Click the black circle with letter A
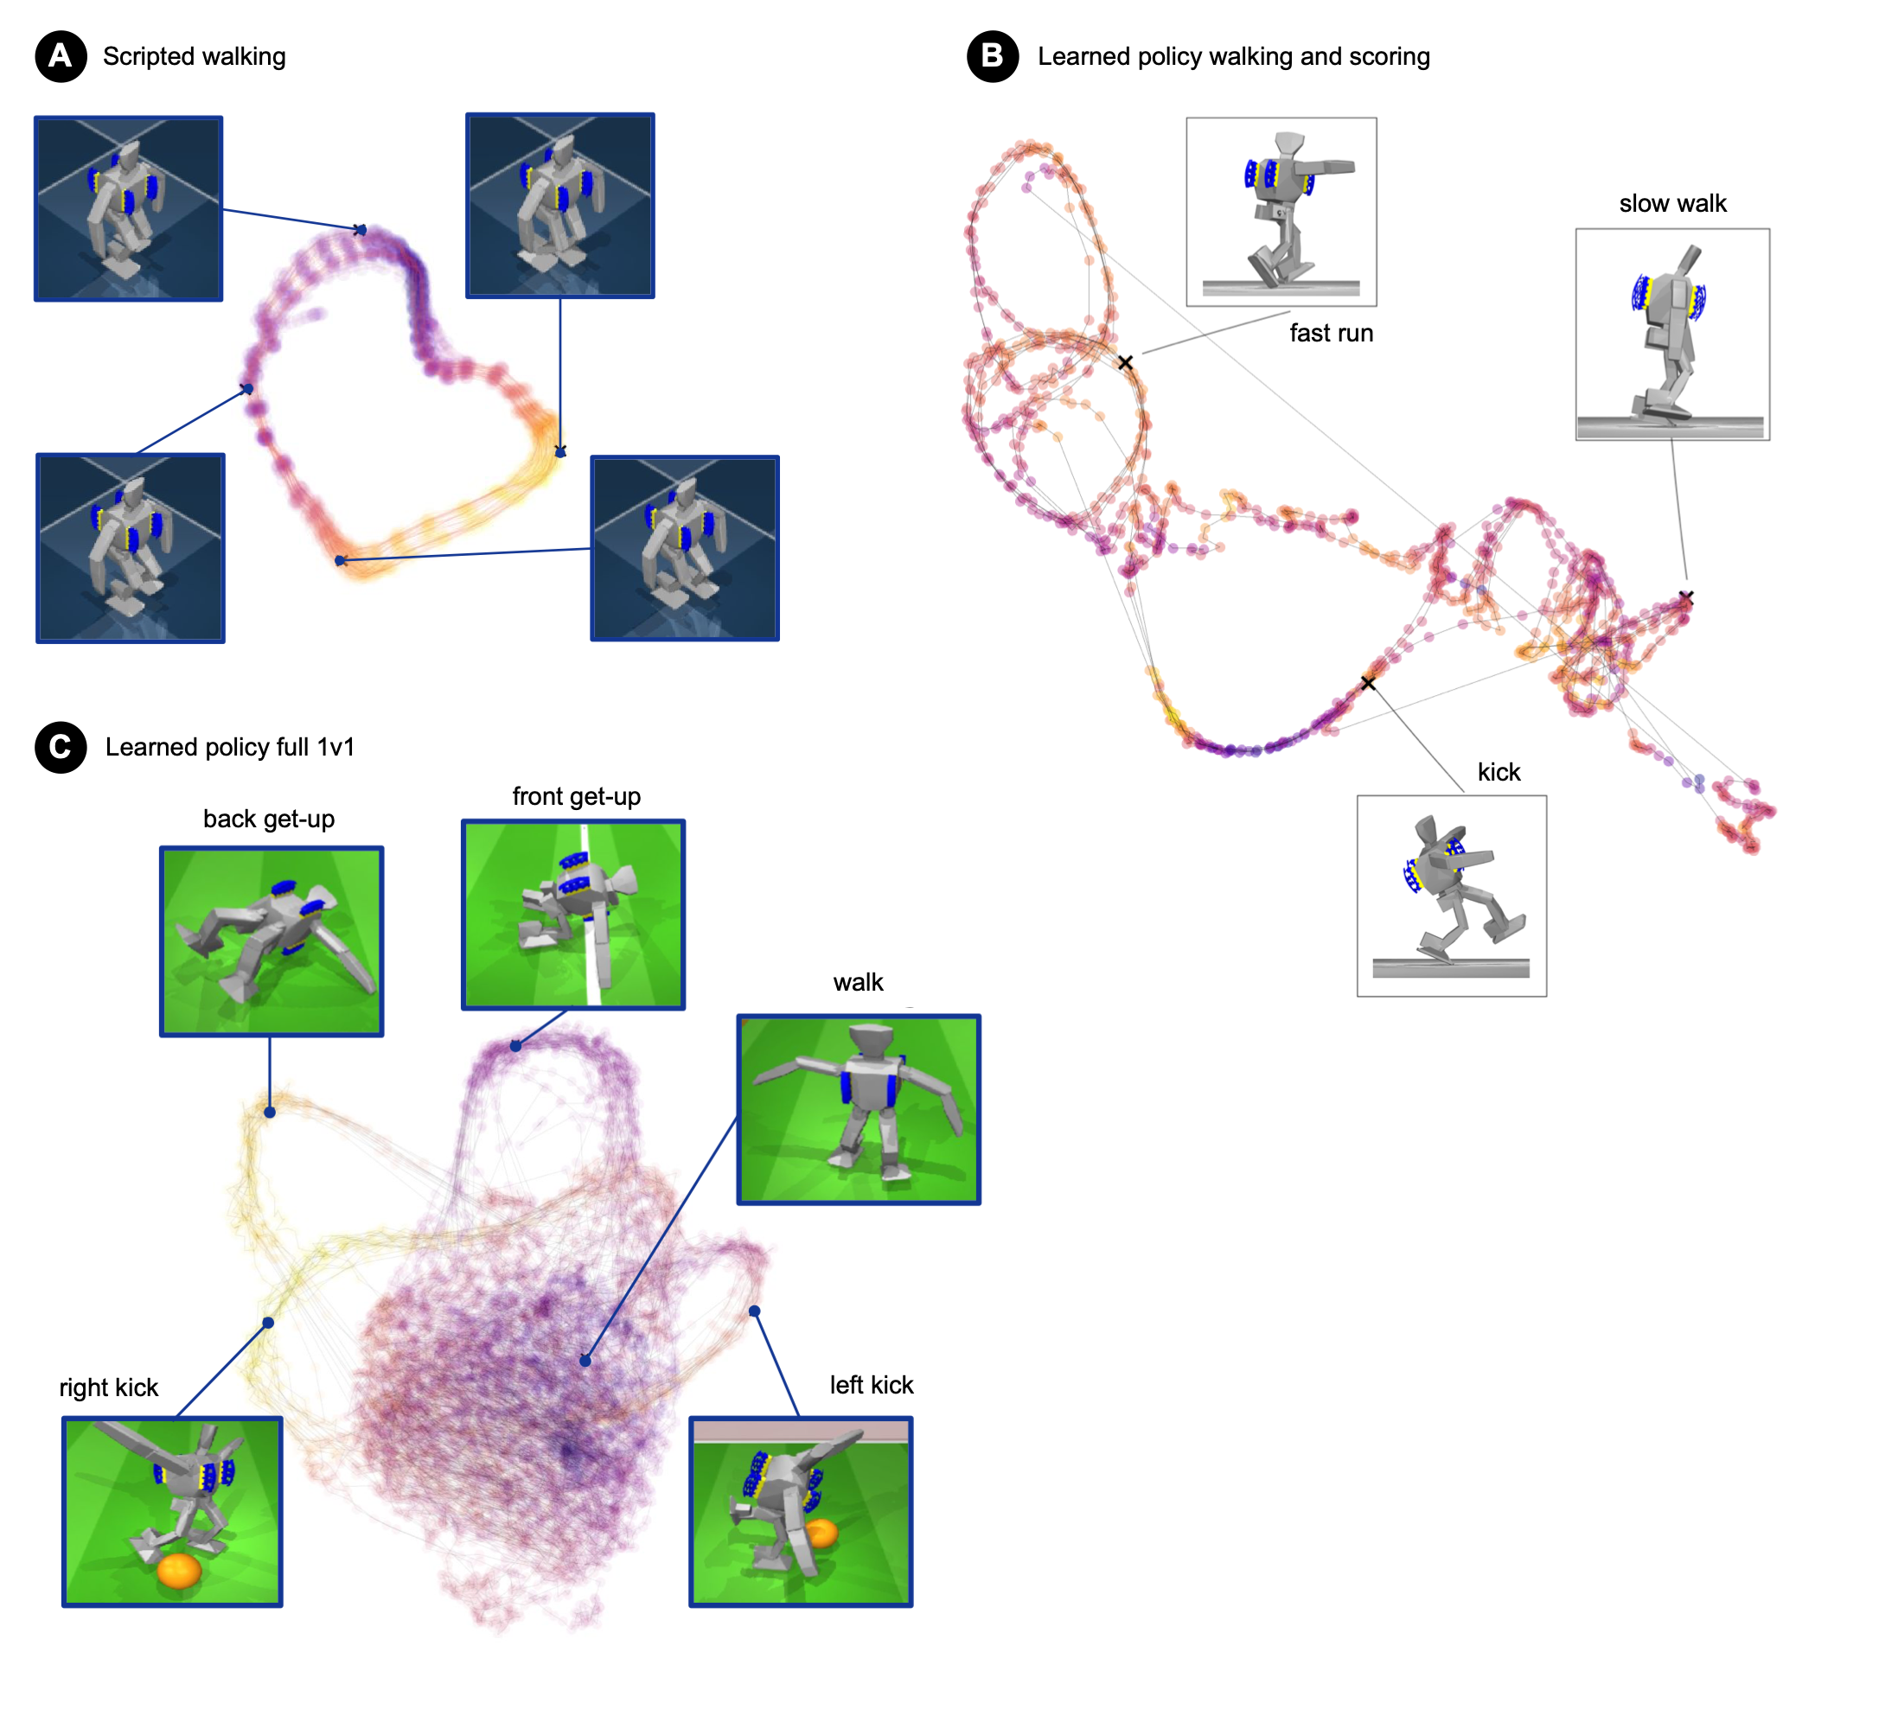coord(61,56)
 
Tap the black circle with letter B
coord(993,56)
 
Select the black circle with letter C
coord(61,747)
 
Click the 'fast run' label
coord(1331,334)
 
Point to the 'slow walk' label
coord(1672,204)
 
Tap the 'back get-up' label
coord(269,819)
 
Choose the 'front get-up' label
coord(577,796)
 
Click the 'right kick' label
coord(109,1387)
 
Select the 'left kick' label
coord(872,1385)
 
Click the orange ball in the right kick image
coord(178,1570)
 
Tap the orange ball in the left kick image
coord(821,1534)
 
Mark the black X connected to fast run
coord(1125,362)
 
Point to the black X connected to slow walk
coord(1686,597)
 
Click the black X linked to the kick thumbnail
coord(1368,683)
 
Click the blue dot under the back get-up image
coord(270,1113)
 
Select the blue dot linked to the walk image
coord(585,1361)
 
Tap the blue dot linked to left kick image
coord(754,1311)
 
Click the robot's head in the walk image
coord(870,1040)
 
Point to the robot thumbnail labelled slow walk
coord(1672,335)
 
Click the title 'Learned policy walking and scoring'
coord(1233,56)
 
